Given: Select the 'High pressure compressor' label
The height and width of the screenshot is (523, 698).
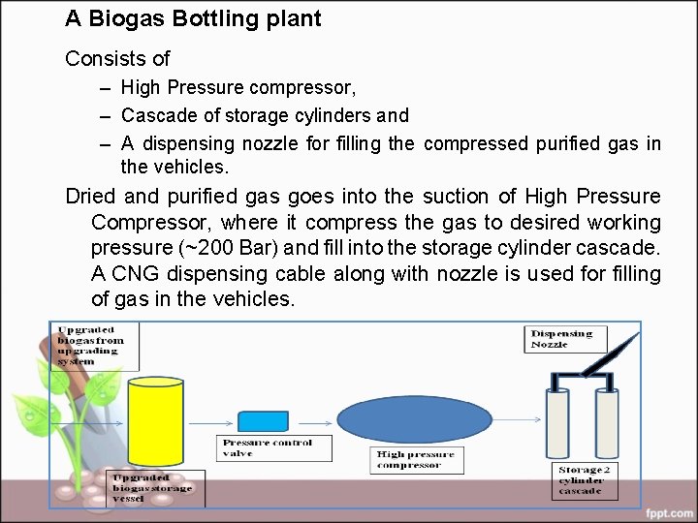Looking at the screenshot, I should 417,460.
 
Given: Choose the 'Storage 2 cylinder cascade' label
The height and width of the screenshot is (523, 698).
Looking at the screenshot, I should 580,481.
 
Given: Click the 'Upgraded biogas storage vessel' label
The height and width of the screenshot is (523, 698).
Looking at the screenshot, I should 155,487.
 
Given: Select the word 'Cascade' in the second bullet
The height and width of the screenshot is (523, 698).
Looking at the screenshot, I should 154,115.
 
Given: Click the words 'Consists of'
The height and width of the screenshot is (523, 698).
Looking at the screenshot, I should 116,58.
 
